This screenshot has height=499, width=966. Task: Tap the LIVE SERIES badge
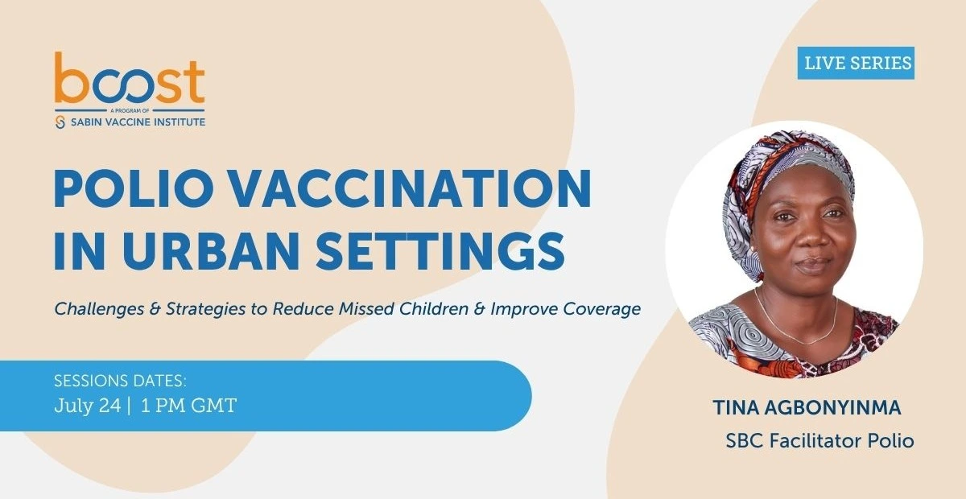[856, 63]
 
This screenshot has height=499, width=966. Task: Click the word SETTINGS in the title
[441, 251]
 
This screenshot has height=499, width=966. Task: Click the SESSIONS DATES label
[120, 381]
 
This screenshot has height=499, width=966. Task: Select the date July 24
[88, 406]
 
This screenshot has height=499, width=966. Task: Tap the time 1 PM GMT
[189, 406]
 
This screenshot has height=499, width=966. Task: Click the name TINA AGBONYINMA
[807, 407]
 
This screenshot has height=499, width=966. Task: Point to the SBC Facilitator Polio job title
[819, 441]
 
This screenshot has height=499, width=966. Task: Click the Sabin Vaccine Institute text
[138, 122]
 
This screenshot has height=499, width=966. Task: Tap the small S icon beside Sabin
[60, 122]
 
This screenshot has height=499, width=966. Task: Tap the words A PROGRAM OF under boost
[130, 111]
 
